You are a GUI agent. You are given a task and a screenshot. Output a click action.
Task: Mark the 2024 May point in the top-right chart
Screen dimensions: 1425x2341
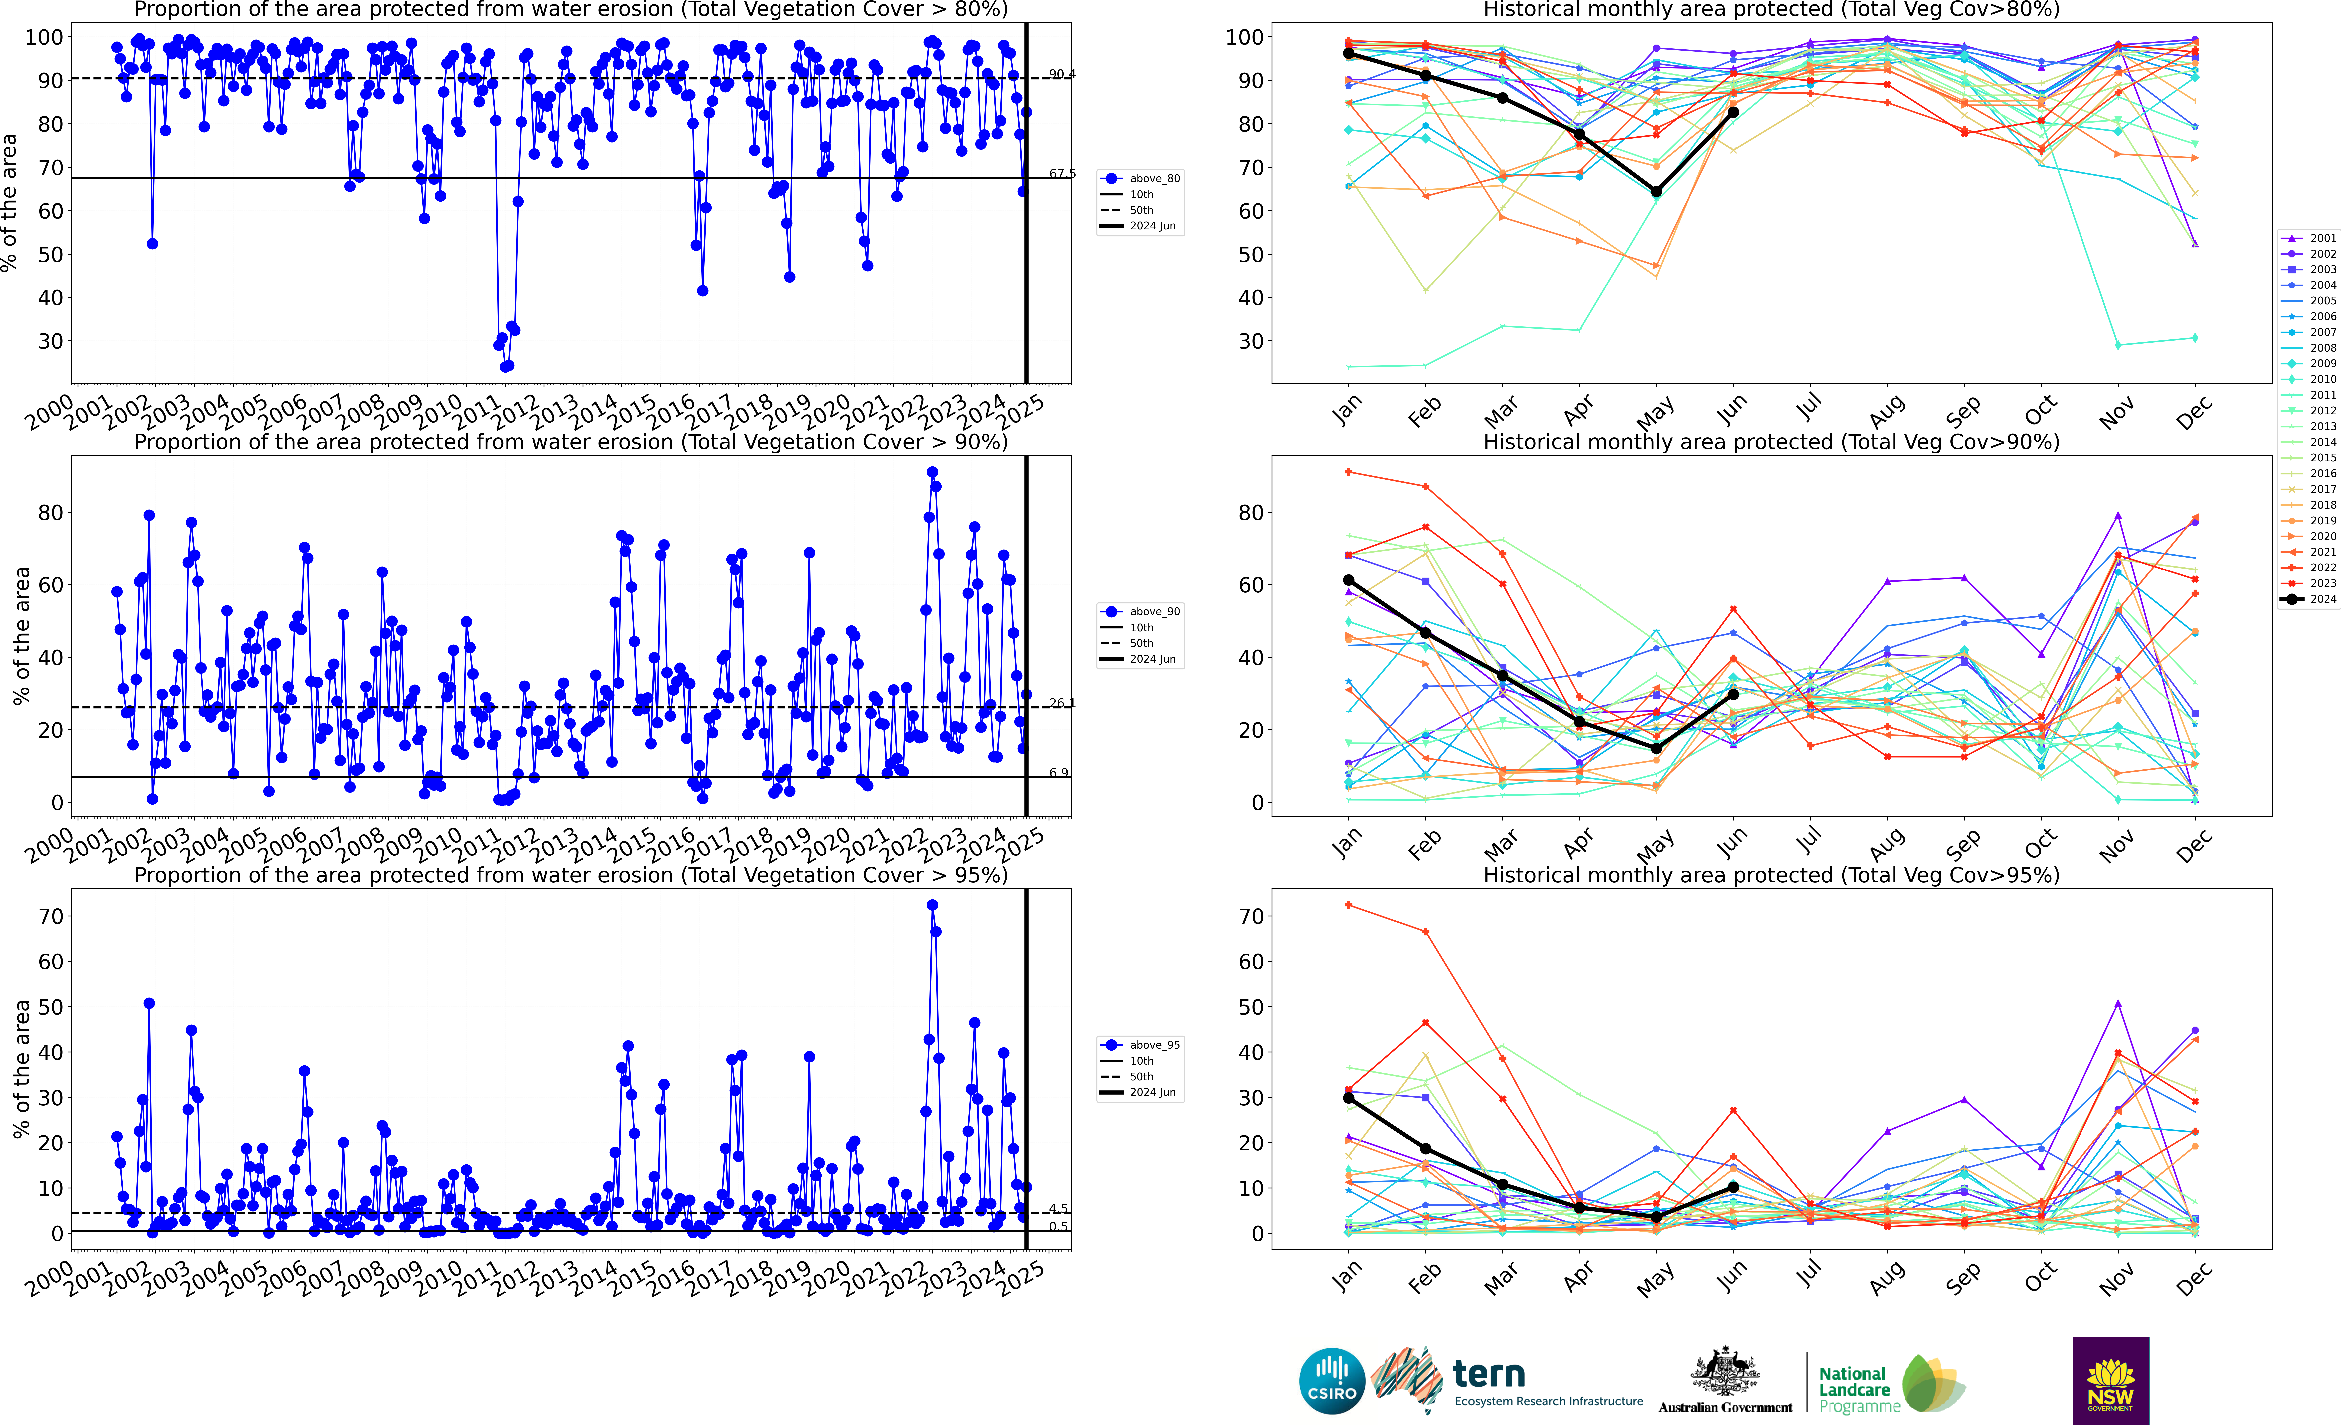(1656, 192)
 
